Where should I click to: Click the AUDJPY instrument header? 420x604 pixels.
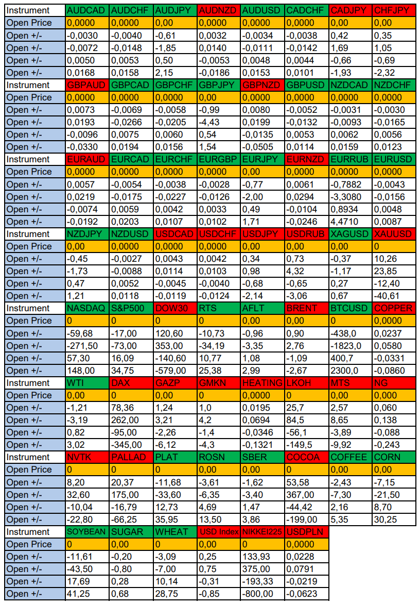[175, 10]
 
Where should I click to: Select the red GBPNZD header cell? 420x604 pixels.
[262, 85]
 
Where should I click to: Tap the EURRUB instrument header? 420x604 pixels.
[350, 159]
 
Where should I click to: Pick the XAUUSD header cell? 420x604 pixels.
[394, 234]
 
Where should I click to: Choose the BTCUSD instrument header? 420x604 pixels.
[350, 308]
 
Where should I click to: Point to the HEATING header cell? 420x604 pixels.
[262, 383]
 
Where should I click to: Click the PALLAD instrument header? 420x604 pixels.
[131, 457]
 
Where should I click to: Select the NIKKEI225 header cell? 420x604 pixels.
[262, 532]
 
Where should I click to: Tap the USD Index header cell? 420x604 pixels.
[219, 532]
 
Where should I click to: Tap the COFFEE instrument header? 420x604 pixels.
[350, 457]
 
